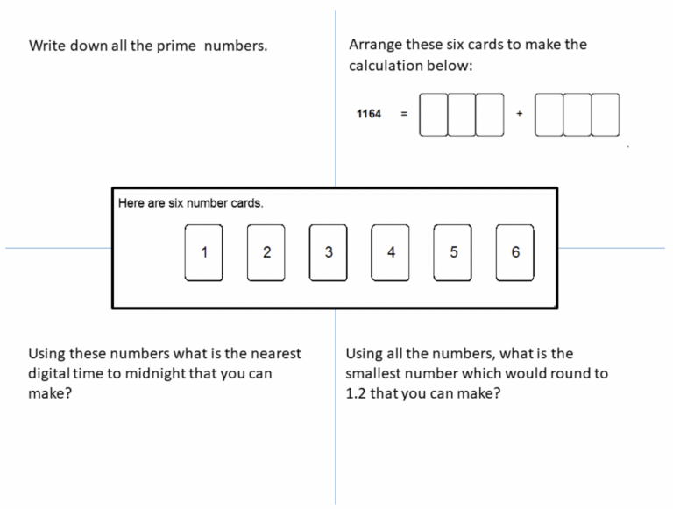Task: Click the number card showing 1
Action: pos(204,253)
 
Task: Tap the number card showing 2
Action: pos(266,253)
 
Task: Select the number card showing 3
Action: pos(329,253)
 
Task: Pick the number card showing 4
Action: pos(390,253)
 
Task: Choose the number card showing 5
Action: pos(452,253)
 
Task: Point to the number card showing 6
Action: pos(515,253)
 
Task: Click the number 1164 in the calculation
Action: pos(369,114)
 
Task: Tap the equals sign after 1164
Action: pos(404,114)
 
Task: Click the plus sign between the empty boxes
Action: pos(520,114)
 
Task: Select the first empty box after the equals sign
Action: pos(434,115)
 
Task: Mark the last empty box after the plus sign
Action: pos(606,115)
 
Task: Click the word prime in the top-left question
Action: pos(176,46)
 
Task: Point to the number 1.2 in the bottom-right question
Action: pos(356,393)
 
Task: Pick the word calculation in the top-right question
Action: pos(386,66)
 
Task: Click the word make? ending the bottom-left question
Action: pos(50,393)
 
